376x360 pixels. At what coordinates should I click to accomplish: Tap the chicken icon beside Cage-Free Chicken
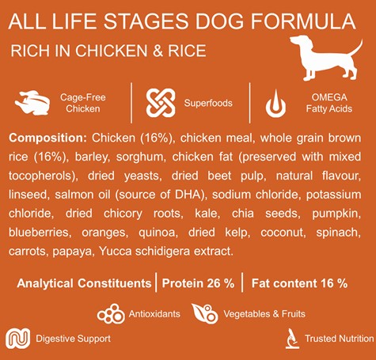point(32,103)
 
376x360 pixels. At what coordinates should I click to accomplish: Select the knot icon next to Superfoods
point(161,103)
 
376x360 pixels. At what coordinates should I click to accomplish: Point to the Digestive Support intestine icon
point(18,339)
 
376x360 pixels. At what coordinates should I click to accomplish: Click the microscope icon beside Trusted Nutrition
point(292,339)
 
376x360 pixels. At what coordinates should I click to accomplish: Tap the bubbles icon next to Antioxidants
point(111,314)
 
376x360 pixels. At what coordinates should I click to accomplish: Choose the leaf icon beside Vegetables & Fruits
point(205,313)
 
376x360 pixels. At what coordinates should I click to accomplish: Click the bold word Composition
point(47,138)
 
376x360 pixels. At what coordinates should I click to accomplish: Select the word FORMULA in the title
point(303,21)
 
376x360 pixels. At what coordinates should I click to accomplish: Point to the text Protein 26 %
point(198,283)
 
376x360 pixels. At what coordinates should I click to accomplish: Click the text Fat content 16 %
point(299,283)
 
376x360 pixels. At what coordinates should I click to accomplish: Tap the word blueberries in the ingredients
point(40,233)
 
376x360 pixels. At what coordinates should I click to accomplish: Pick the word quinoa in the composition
point(158,233)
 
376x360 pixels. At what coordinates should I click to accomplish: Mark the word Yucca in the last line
point(116,252)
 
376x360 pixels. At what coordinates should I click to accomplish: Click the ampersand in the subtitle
point(158,51)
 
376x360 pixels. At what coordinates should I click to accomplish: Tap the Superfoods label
point(208,103)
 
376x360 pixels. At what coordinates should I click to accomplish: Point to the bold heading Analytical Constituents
point(84,283)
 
